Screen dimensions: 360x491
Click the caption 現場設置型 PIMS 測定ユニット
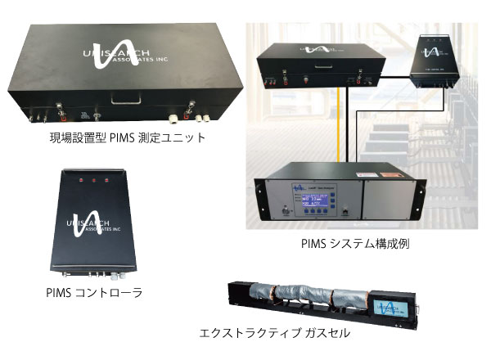point(126,137)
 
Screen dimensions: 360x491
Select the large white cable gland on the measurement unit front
point(174,115)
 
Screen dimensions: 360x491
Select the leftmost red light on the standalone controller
point(81,178)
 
